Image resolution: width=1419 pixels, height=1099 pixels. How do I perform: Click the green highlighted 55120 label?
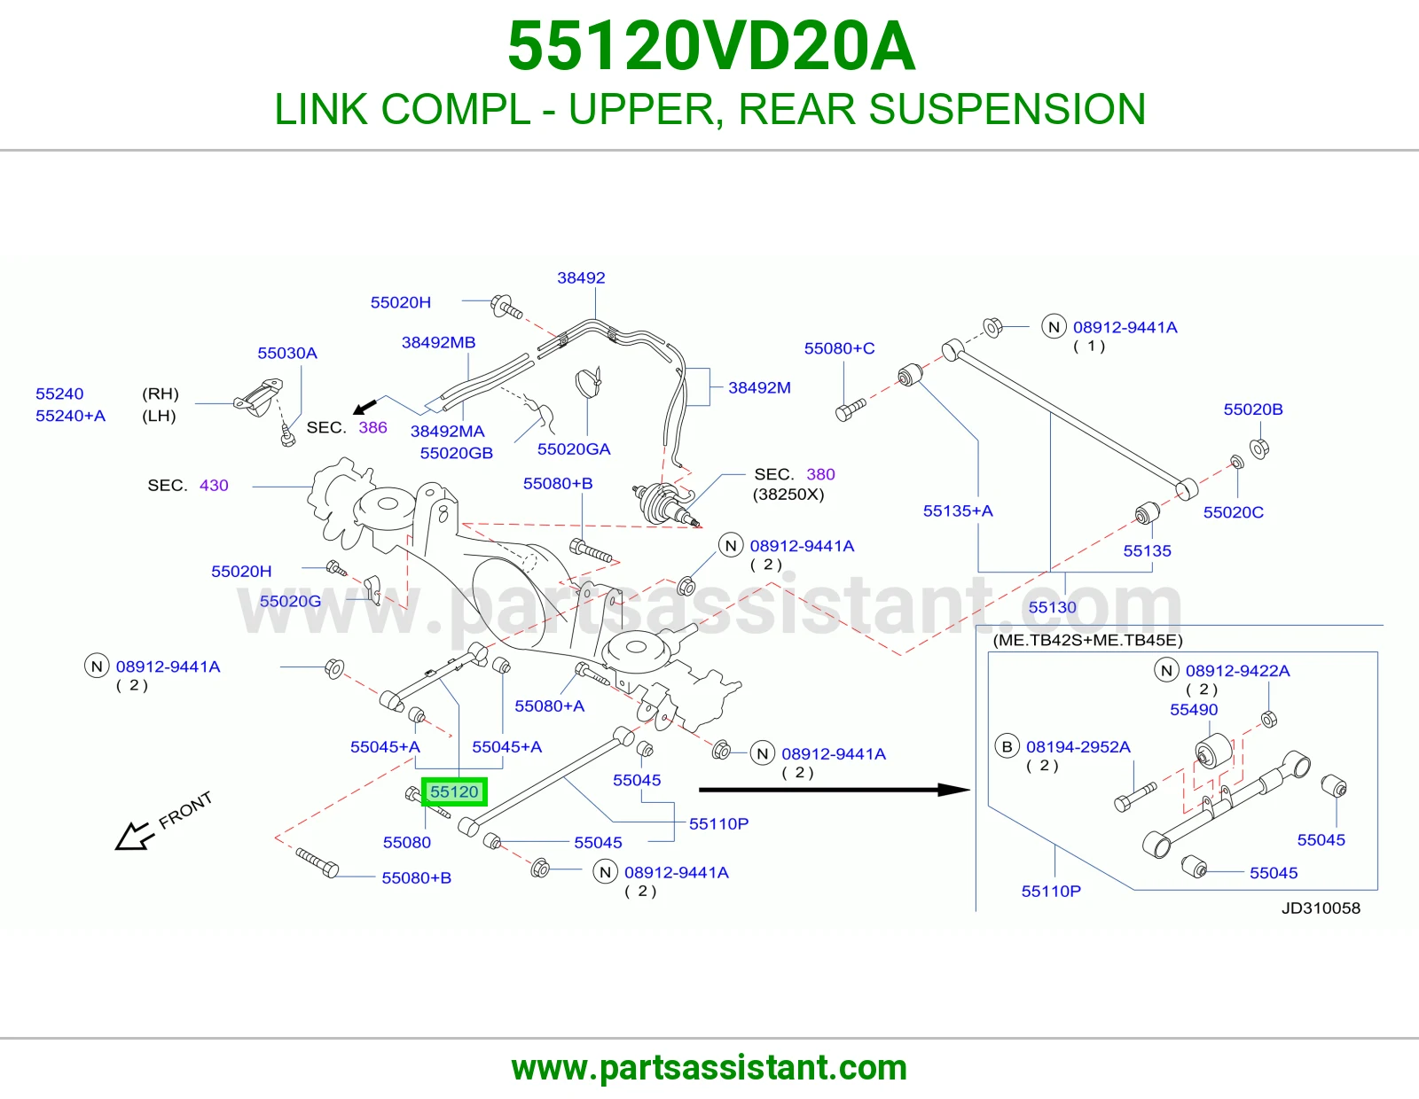(x=454, y=791)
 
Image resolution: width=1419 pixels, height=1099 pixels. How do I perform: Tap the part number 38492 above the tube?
(x=581, y=277)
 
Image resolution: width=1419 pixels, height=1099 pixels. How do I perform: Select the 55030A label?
(x=287, y=353)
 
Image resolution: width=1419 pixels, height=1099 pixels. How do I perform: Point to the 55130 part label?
(x=1052, y=607)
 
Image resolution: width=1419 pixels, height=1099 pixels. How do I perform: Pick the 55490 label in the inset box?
(x=1194, y=709)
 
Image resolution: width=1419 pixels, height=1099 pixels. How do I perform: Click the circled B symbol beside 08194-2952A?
(x=1007, y=746)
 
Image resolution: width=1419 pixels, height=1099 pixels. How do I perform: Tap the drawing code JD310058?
(x=1321, y=908)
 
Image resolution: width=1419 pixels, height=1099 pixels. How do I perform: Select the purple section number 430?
(x=214, y=486)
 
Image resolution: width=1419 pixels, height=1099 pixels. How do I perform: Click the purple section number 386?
(x=372, y=427)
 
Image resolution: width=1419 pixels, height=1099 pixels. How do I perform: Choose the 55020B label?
(x=1253, y=409)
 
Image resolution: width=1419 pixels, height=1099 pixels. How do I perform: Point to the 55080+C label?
(x=839, y=348)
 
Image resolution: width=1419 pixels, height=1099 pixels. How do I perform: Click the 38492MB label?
(x=438, y=343)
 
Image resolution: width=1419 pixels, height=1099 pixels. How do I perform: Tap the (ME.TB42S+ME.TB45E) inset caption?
(x=1087, y=640)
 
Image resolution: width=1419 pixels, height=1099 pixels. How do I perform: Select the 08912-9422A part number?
(x=1237, y=671)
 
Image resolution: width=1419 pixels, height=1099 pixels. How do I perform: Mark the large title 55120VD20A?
(x=711, y=46)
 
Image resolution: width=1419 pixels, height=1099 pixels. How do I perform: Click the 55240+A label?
(x=71, y=416)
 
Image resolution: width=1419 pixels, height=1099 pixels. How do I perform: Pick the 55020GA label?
(x=574, y=449)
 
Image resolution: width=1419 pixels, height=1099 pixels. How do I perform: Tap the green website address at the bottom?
(x=709, y=1068)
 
